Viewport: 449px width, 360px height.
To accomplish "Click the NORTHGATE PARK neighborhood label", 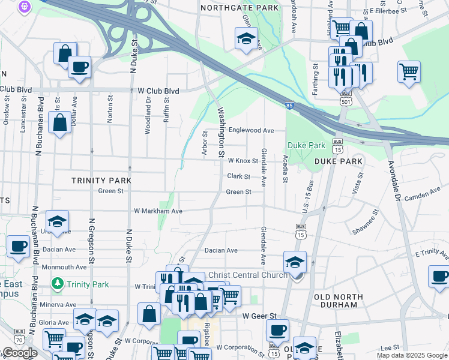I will coord(240,8).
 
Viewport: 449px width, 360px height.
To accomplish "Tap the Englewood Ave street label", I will coord(251,130).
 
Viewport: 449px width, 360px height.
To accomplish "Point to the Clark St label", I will coord(238,176).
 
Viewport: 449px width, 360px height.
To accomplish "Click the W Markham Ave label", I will coord(158,211).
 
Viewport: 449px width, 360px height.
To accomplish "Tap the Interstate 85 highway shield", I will coord(290,106).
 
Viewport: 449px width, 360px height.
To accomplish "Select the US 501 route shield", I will coord(345,101).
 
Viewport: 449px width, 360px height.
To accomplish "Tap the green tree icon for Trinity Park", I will coord(58,283).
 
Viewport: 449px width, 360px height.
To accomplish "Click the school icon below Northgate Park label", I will coord(246,38).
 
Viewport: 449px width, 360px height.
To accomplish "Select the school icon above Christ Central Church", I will coord(295,262).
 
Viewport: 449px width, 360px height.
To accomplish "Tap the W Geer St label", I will coord(259,316).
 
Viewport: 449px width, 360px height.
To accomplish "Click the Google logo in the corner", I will coord(19,353).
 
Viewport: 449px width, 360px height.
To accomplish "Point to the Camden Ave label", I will coord(423,196).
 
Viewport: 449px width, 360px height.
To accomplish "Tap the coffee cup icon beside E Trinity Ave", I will coord(439,277).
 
